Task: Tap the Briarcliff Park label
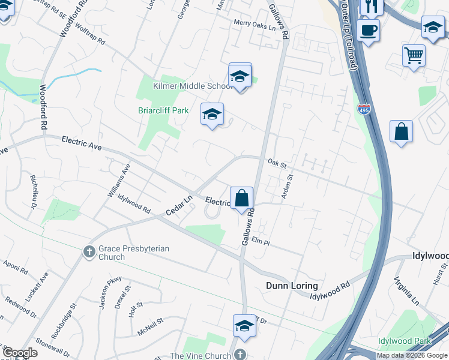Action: tap(164, 110)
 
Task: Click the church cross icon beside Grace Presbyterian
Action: tap(89, 251)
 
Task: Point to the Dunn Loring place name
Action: tap(292, 286)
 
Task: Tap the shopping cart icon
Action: tap(414, 56)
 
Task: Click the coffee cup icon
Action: tap(368, 29)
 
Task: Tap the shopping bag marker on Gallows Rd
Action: tap(241, 198)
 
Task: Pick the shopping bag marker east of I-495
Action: tap(401, 132)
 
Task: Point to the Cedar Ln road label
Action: tap(179, 205)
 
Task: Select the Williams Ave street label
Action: tap(119, 181)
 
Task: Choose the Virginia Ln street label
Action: tap(406, 290)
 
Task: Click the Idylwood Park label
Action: tap(405, 341)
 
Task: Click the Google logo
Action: tap(20, 353)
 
